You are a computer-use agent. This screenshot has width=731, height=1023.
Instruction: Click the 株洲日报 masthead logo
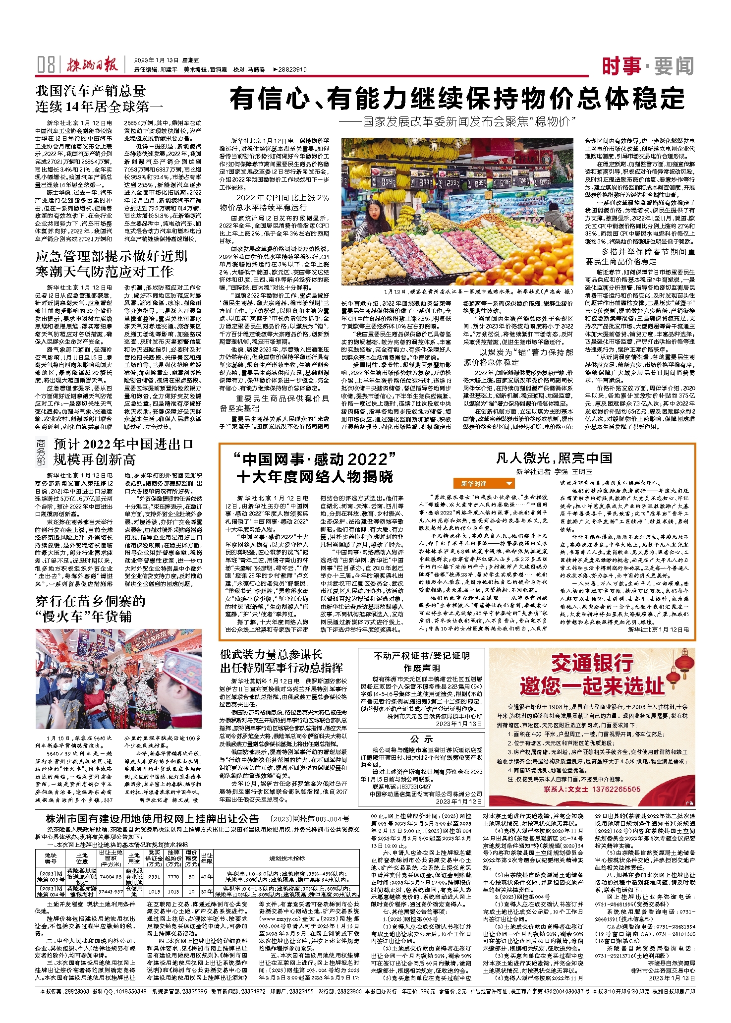pos(93,65)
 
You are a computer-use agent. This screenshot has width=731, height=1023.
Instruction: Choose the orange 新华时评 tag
pos(483,483)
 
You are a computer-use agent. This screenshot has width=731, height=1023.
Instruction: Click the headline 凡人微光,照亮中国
pos(554,458)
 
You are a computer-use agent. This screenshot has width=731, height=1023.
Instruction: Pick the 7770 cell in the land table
pos(173,876)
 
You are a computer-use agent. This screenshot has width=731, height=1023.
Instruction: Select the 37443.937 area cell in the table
pos(111,892)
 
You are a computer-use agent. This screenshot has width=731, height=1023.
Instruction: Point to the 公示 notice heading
pos(422,739)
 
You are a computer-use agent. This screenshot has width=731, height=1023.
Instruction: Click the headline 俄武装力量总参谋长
pos(272,654)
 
